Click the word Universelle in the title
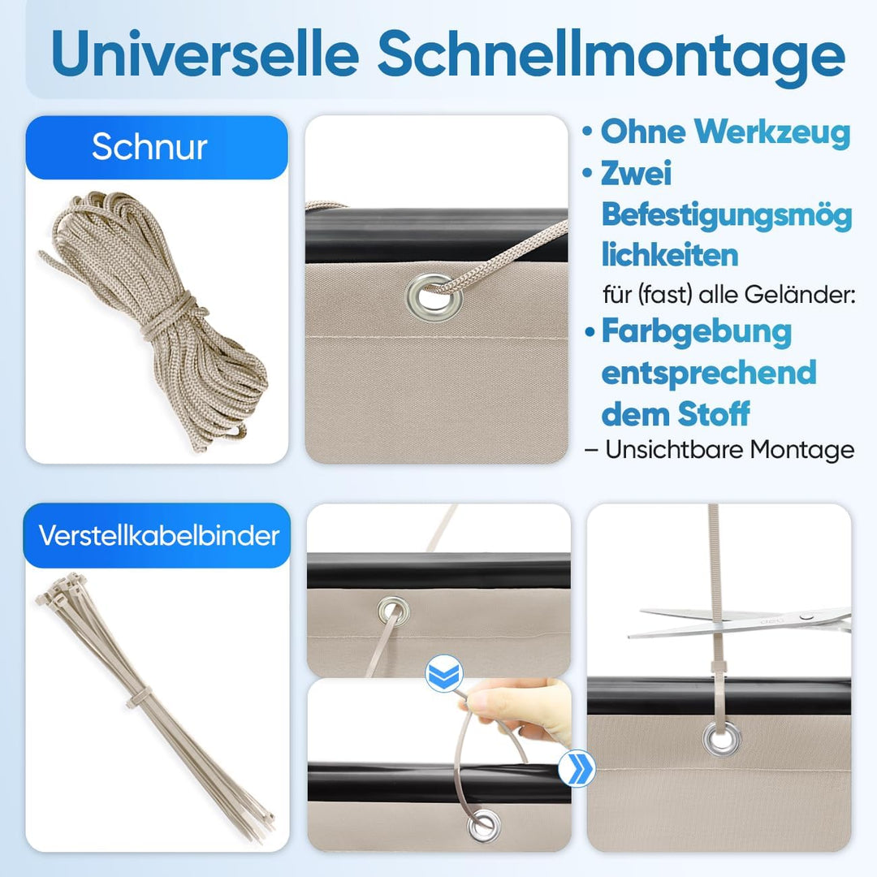203,54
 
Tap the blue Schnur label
149,147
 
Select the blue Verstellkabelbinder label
157,535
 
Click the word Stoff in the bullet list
714,414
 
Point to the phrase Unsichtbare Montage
729,449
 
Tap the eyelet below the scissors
717,737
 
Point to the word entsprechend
708,373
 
